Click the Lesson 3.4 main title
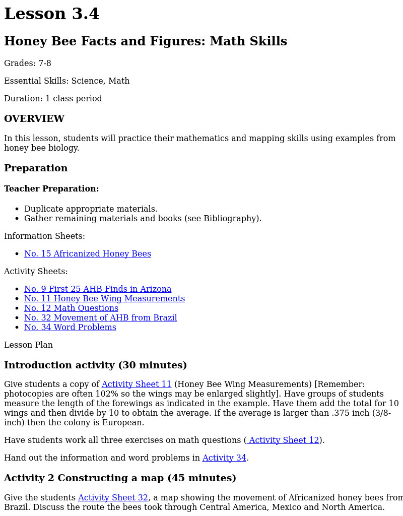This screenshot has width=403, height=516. [52, 14]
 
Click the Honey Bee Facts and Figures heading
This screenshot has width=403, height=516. [145, 41]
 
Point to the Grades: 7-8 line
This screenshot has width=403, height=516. [28, 63]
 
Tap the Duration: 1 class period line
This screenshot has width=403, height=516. [53, 99]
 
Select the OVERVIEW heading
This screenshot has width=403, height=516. [34, 119]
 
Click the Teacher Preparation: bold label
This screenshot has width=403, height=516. [51, 189]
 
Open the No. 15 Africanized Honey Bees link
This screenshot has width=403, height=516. [87, 254]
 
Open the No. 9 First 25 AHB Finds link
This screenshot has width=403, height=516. [98, 289]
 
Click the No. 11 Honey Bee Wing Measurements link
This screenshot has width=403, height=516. [104, 299]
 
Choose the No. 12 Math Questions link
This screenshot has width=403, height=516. [71, 308]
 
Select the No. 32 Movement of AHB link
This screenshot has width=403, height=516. [100, 318]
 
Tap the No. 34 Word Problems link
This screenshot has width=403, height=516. [70, 328]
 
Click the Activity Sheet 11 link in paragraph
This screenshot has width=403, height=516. [137, 384]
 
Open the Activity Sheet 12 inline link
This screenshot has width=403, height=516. [284, 440]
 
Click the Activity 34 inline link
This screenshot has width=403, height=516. [224, 458]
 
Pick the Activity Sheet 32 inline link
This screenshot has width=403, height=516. [113, 498]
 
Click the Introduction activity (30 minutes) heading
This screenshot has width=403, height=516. [95, 365]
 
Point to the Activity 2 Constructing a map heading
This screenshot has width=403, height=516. [120, 478]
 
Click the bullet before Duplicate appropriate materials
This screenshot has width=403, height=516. [17, 209]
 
